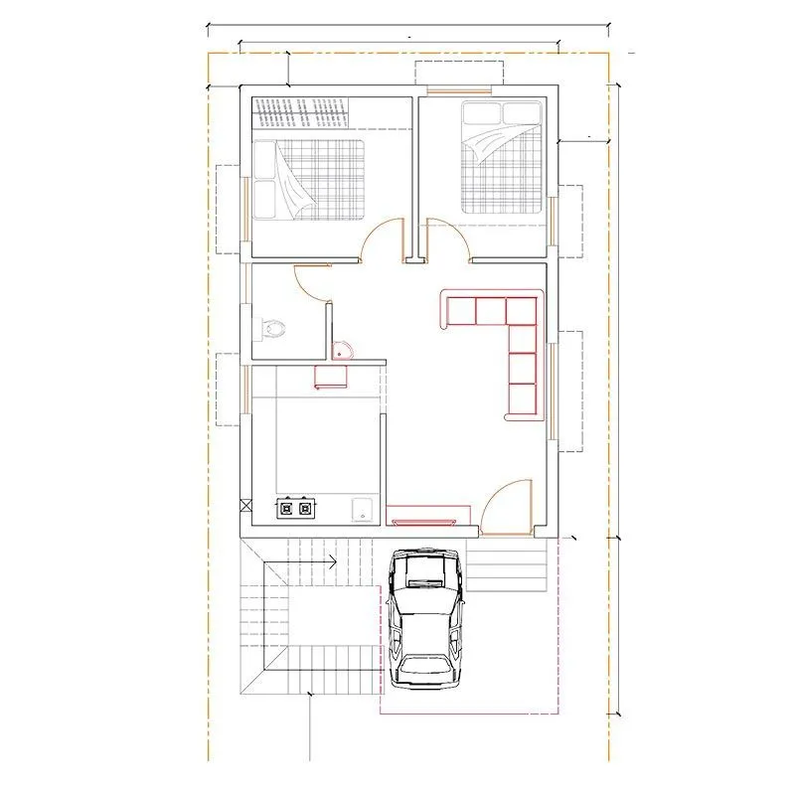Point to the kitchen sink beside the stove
point(364,508)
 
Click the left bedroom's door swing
point(382,242)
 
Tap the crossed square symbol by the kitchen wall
point(245,506)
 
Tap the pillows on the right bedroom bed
point(503,112)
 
